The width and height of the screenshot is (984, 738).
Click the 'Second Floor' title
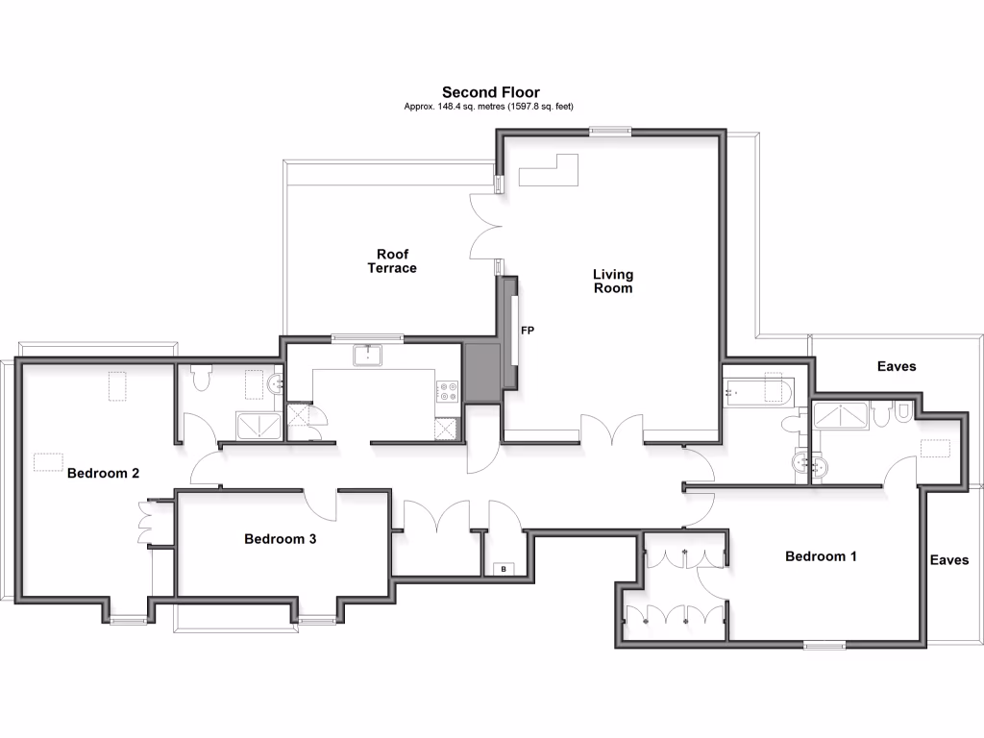point(490,92)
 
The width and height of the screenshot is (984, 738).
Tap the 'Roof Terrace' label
point(392,261)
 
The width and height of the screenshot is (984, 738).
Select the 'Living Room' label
point(612,281)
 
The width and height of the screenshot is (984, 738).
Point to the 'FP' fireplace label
point(527,331)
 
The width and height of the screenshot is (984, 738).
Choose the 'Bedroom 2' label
point(104,473)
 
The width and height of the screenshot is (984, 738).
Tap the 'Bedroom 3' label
point(280,539)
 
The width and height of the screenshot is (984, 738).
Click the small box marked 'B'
point(503,569)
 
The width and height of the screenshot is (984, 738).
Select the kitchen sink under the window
point(368,356)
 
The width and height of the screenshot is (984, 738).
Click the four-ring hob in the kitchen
point(448,392)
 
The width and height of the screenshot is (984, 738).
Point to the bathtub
point(759,391)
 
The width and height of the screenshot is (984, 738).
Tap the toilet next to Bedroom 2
point(201,381)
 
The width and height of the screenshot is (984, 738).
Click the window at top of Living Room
point(608,133)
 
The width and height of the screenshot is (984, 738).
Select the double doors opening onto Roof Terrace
point(486,227)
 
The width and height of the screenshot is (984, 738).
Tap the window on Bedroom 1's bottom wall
point(824,645)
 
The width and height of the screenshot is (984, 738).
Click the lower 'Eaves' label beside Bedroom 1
point(948,560)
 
